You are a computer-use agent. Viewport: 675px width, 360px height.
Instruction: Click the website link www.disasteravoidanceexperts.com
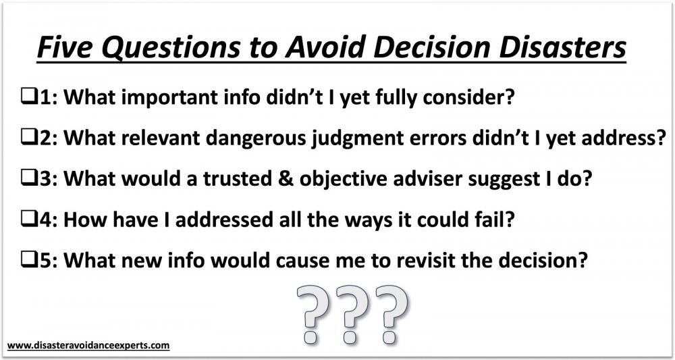pyautogui.click(x=88, y=345)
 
